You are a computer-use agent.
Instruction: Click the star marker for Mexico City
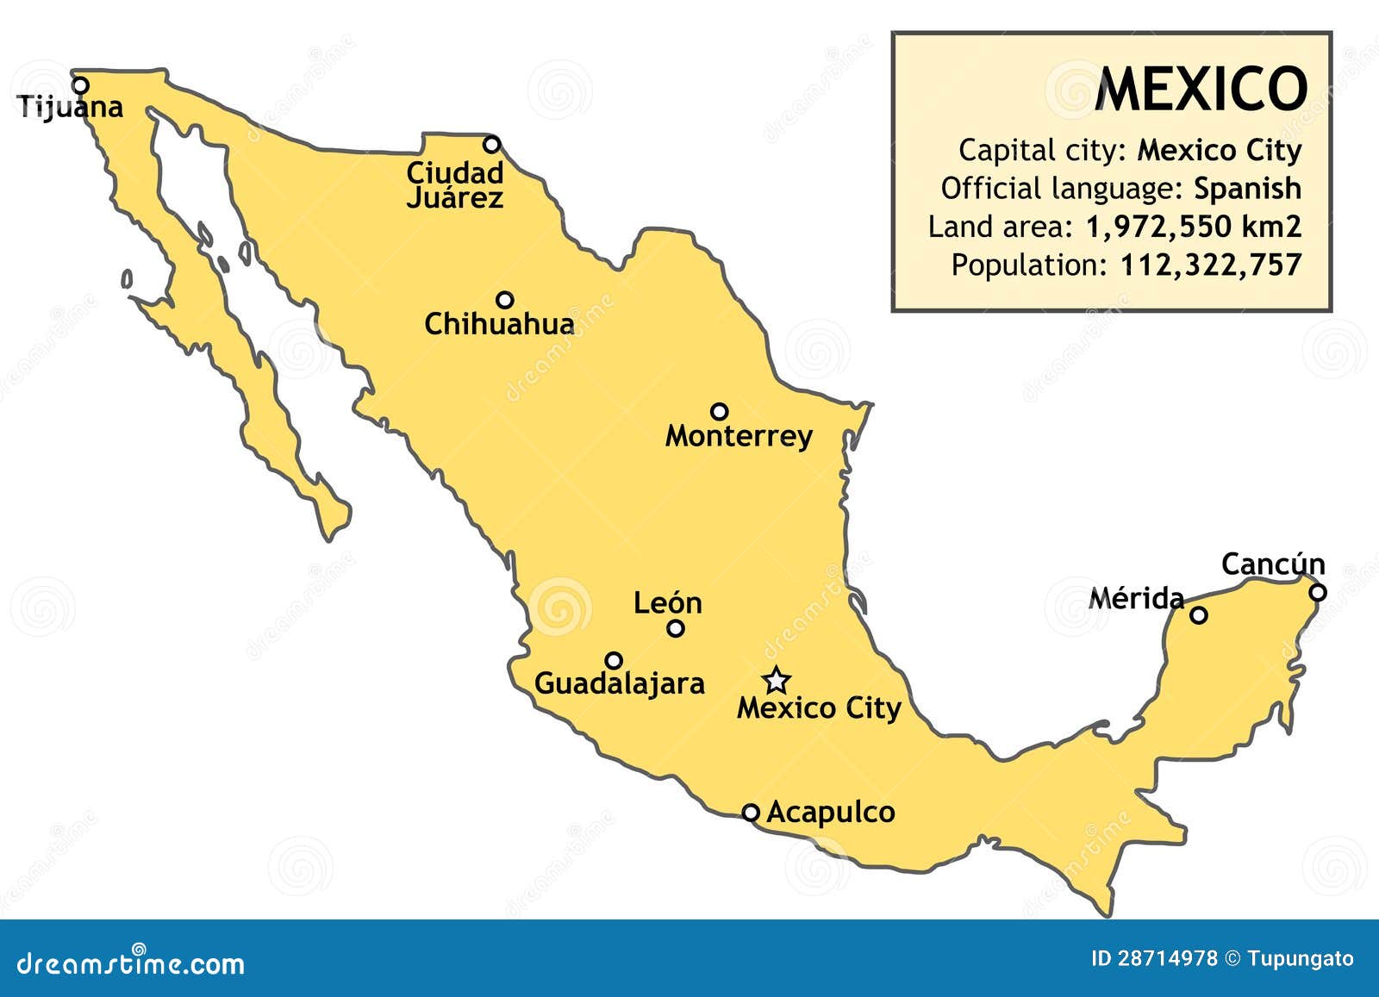(x=777, y=680)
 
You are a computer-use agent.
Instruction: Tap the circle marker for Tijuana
(x=80, y=85)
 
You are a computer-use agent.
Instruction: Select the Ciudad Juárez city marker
(x=491, y=144)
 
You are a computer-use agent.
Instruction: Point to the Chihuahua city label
(x=499, y=324)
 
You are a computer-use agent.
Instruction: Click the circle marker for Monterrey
(x=719, y=411)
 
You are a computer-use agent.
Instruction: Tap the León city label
(x=667, y=602)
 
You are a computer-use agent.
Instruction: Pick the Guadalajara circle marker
(x=614, y=661)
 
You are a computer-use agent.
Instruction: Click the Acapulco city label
(x=830, y=812)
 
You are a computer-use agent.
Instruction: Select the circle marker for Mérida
(x=1199, y=615)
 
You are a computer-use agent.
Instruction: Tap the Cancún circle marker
(x=1318, y=592)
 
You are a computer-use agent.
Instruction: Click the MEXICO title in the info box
(x=1201, y=90)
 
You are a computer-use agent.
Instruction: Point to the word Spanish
(x=1247, y=188)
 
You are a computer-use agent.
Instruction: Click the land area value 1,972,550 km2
(x=1193, y=227)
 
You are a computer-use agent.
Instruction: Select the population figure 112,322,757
(x=1210, y=265)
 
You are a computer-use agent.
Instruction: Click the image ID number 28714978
(x=1168, y=958)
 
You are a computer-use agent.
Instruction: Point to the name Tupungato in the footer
(x=1301, y=958)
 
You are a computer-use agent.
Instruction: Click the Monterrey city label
(x=739, y=436)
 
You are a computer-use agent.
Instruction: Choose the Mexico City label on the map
(x=819, y=708)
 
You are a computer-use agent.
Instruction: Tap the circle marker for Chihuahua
(x=505, y=300)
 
